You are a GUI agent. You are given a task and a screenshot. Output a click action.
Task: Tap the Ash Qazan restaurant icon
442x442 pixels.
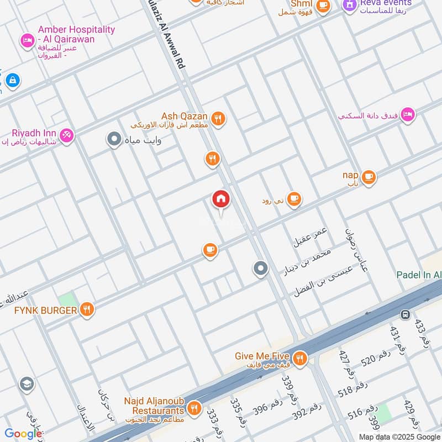pos(219,119)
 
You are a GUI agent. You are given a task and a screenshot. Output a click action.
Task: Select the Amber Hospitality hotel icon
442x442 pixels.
pos(27,40)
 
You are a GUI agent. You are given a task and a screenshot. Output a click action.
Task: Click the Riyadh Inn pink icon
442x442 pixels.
pos(66,135)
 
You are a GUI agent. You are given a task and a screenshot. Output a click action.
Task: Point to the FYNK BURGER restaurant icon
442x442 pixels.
pos(86,310)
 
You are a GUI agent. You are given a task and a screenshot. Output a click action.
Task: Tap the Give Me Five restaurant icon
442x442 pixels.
pos(299,359)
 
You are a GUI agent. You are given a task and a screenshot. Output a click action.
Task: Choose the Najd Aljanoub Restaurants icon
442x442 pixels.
pos(193,408)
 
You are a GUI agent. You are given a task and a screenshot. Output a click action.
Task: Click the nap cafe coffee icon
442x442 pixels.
pos(369,177)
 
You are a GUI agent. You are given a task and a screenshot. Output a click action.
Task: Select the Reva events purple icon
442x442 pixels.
pos(349,6)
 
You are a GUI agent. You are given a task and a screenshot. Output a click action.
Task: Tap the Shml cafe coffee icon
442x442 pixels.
pos(323,6)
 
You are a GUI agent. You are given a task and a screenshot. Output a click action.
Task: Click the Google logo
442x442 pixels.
pos(23,434)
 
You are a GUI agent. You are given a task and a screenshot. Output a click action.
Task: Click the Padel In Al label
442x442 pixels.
pos(419,275)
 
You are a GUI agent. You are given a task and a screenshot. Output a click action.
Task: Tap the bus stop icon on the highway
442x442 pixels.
pos(405,315)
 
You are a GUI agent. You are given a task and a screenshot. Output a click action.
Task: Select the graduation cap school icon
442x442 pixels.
pos(26,383)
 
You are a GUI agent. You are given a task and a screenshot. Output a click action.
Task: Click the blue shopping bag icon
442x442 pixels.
pos(12,81)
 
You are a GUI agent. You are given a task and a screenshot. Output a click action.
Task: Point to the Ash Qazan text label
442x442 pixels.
pos(184,117)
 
